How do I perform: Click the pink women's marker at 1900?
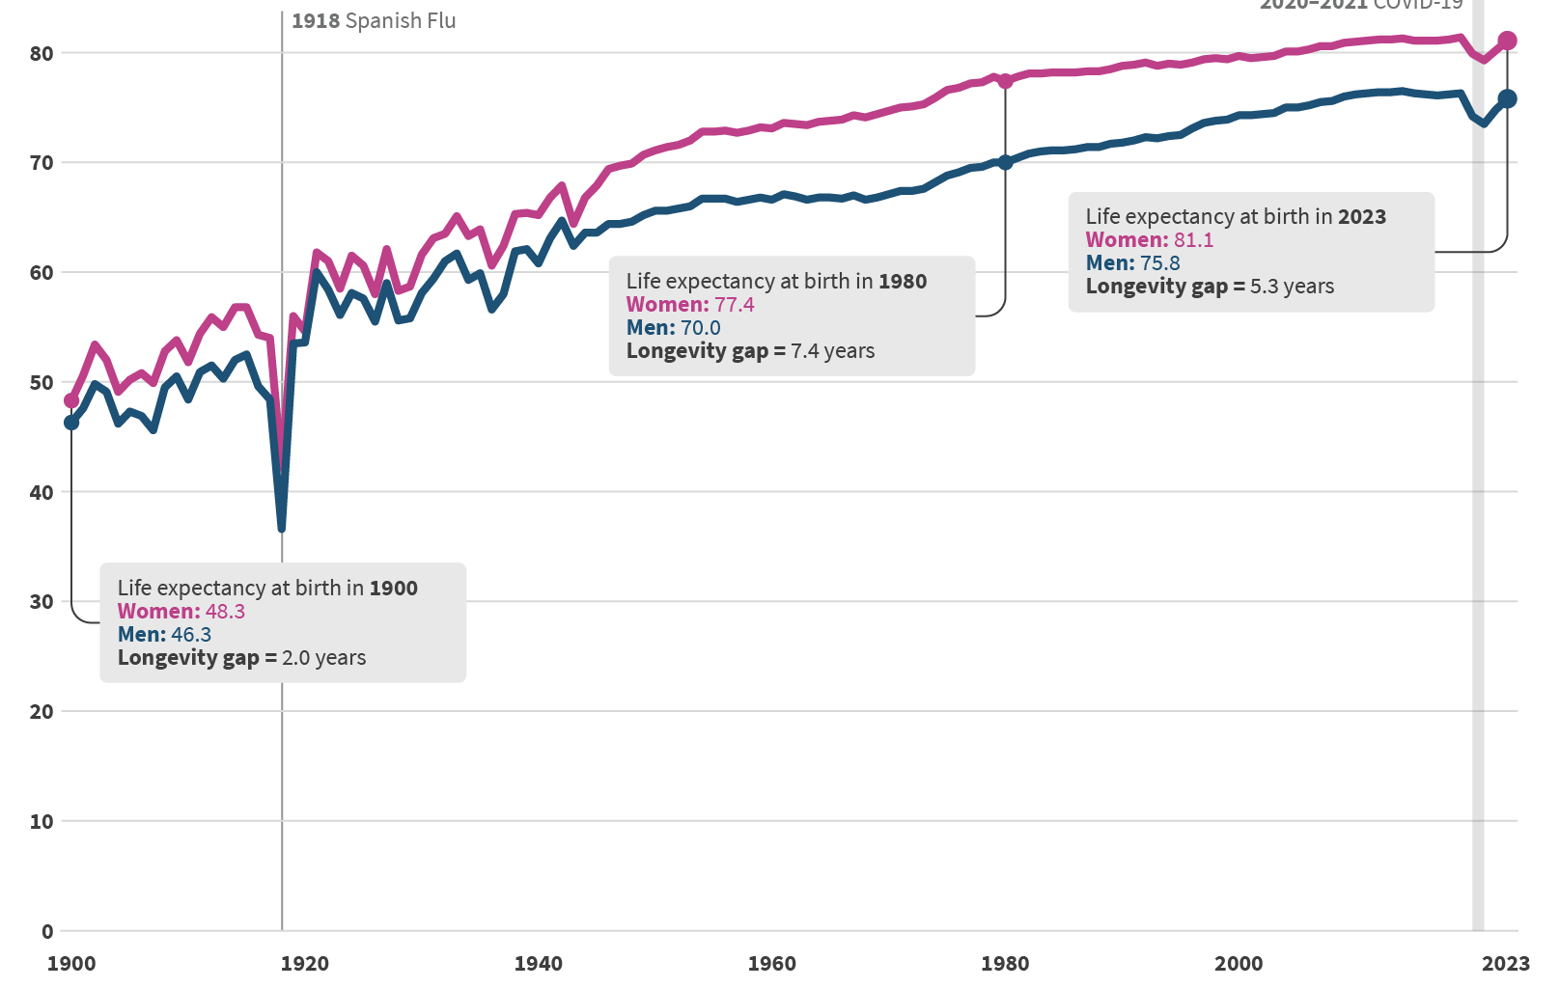pyautogui.click(x=71, y=400)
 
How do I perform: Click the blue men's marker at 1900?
pyautogui.click(x=71, y=422)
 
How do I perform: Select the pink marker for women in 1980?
pyautogui.click(x=1005, y=81)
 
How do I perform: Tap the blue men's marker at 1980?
pyautogui.click(x=1005, y=162)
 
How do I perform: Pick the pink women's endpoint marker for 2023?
pyautogui.click(x=1507, y=41)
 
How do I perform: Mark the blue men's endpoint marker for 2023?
pyautogui.click(x=1507, y=98)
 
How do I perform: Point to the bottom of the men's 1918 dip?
pyautogui.click(x=281, y=528)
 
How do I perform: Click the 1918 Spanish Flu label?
pyautogui.click(x=374, y=20)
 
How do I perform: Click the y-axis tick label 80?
pyautogui.click(x=42, y=53)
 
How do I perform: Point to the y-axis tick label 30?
pyautogui.click(x=42, y=601)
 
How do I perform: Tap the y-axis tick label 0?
pyautogui.click(x=47, y=931)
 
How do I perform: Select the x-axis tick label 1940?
pyautogui.click(x=539, y=963)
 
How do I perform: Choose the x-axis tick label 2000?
pyautogui.click(x=1239, y=963)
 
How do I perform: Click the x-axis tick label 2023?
pyautogui.click(x=1506, y=963)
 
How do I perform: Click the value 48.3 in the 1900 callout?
pyautogui.click(x=225, y=612)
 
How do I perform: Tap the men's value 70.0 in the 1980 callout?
pyautogui.click(x=700, y=328)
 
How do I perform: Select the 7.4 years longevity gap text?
pyautogui.click(x=832, y=351)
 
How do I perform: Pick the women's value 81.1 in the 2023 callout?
pyautogui.click(x=1193, y=240)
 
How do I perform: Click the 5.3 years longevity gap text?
pyautogui.click(x=1292, y=287)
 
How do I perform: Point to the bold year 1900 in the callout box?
pyautogui.click(x=393, y=589)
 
